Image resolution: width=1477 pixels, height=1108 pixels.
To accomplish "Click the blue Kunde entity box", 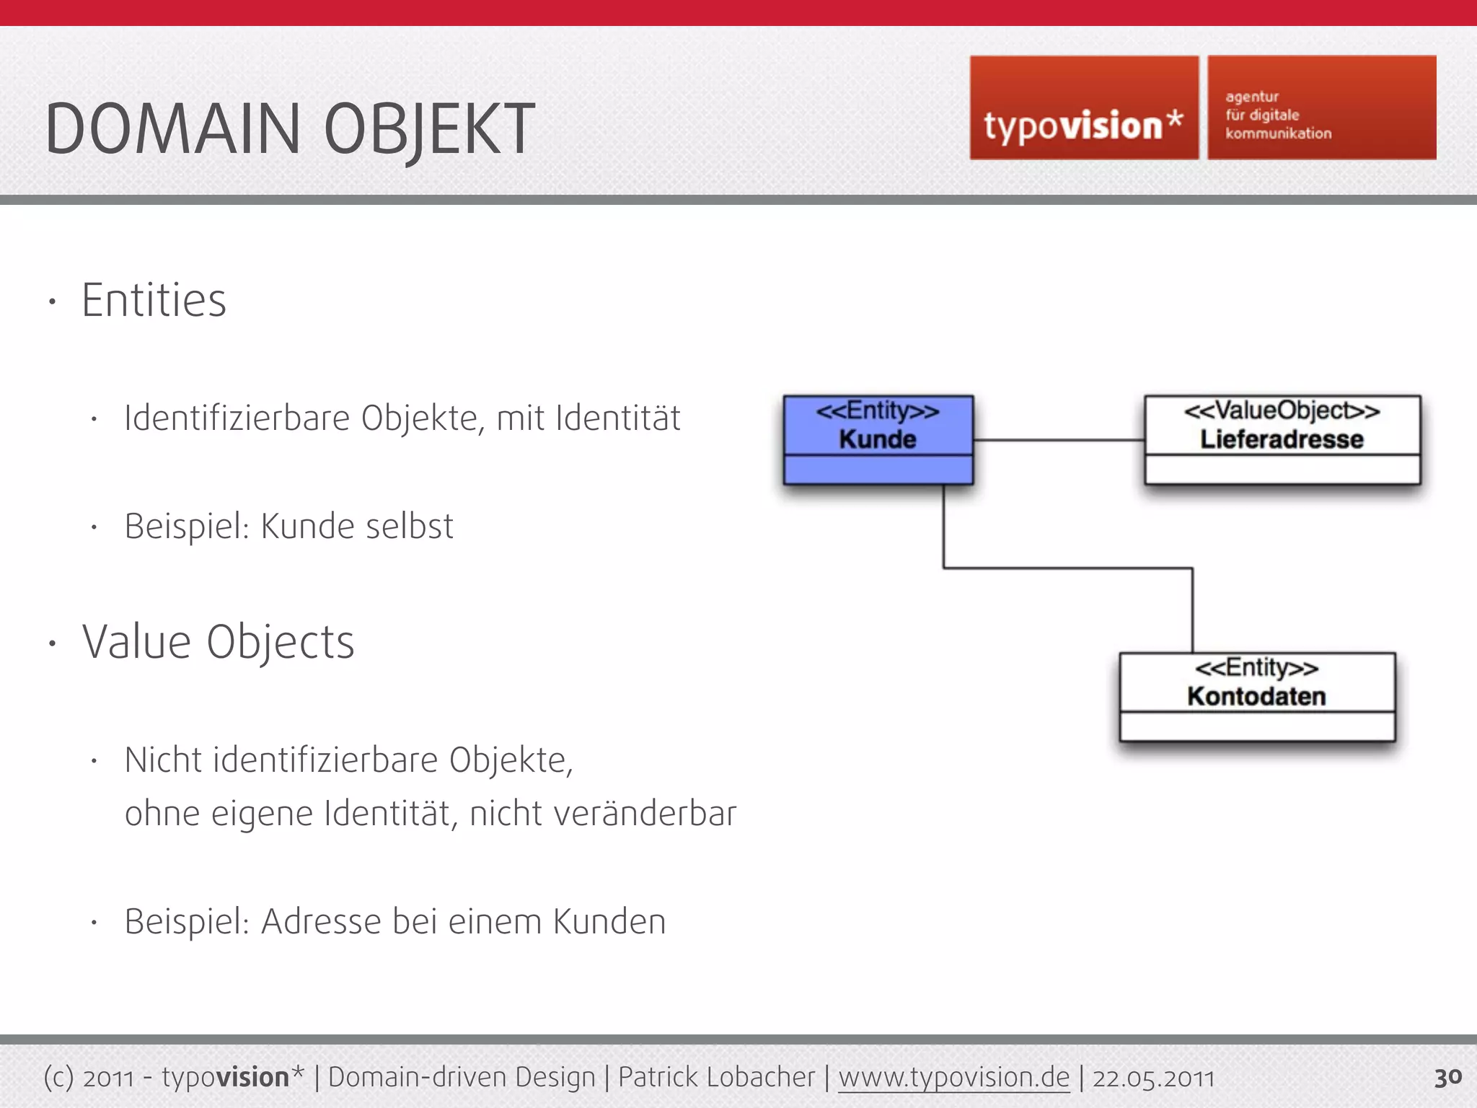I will click(x=878, y=439).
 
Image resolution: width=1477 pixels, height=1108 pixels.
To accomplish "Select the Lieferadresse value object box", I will click(x=1282, y=439).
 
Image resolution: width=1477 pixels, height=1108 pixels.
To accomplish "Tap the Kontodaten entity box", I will click(x=1256, y=697).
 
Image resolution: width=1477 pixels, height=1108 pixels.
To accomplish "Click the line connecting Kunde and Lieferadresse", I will click(x=1058, y=439).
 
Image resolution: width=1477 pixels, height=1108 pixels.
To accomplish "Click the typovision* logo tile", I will click(x=1083, y=108).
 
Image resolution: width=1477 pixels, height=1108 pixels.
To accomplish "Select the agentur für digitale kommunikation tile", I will click(x=1321, y=108).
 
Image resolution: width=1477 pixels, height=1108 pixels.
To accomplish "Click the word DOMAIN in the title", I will click(x=172, y=130).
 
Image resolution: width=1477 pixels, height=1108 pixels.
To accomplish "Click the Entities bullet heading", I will click(x=154, y=300).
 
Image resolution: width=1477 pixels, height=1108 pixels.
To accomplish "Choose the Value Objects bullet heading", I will click(x=218, y=642).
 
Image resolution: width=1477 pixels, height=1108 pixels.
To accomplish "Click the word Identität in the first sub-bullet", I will click(x=617, y=418).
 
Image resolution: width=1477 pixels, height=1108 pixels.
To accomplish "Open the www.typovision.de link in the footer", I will click(x=953, y=1077).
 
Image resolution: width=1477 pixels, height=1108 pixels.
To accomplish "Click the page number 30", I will click(x=1447, y=1077).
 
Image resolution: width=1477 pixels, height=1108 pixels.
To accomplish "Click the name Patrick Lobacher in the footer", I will click(x=716, y=1077).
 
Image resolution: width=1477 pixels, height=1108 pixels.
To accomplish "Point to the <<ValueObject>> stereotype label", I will click(x=1282, y=410).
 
